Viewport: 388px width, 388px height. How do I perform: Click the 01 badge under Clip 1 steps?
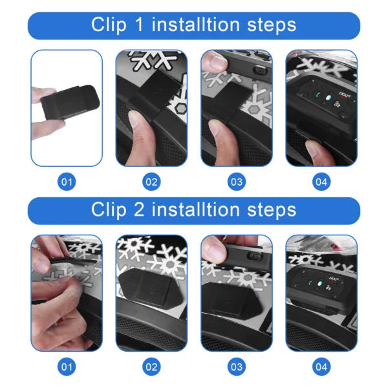point(67,182)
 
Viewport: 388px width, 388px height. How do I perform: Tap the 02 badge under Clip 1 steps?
point(151,182)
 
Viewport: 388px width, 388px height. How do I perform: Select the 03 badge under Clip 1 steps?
point(237,182)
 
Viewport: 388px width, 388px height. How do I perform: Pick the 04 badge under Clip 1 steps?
point(321,182)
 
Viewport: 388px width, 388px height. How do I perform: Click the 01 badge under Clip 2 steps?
point(67,367)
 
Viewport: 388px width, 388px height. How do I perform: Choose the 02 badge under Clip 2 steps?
point(151,367)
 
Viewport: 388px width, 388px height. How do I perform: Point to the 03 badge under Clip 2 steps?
point(237,367)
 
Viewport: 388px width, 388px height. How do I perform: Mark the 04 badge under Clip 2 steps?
point(321,367)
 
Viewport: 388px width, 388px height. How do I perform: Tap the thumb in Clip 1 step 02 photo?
point(138,122)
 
